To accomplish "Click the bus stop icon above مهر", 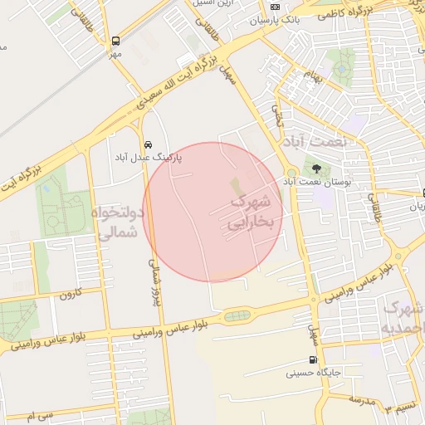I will (115, 40).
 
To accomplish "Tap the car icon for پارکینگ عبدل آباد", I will (148, 143).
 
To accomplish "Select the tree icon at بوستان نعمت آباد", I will (315, 169).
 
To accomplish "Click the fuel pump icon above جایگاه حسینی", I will (312, 360).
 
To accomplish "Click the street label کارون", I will (71, 293).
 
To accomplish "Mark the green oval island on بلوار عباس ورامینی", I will (237, 315).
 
